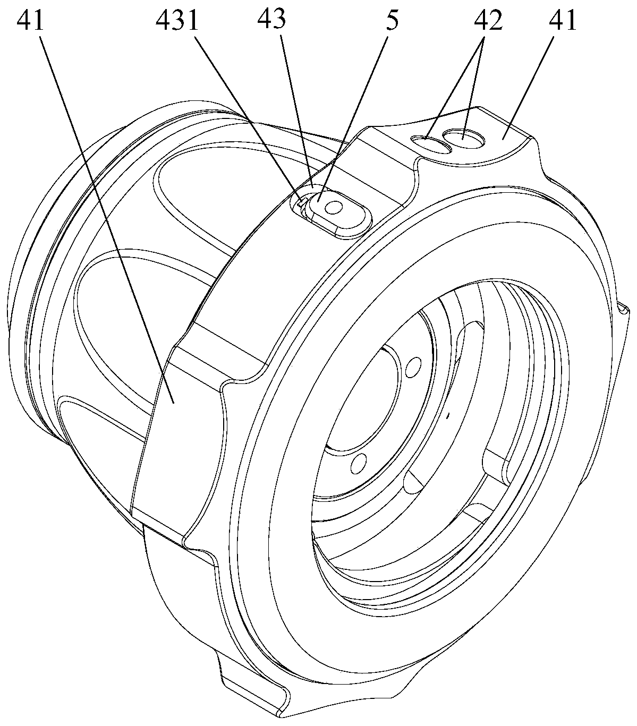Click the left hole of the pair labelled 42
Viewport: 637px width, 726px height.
[x=431, y=143]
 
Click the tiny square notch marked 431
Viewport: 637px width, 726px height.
[x=301, y=202]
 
